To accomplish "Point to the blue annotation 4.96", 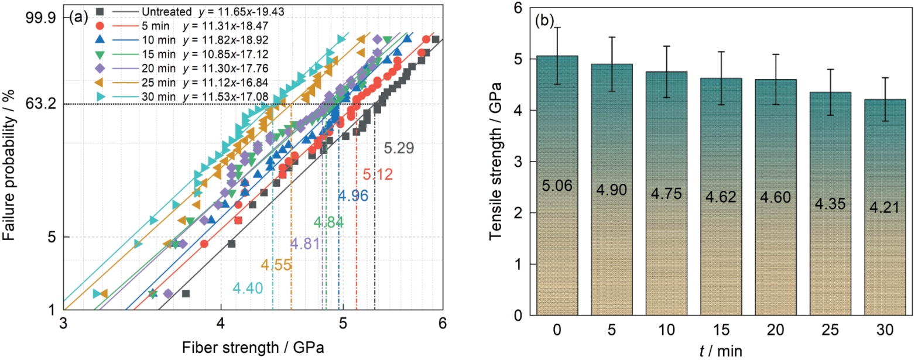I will click(x=352, y=197).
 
